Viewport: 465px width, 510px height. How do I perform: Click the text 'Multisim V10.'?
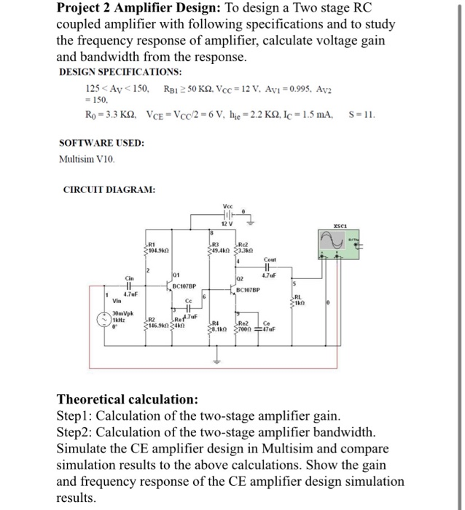85,157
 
